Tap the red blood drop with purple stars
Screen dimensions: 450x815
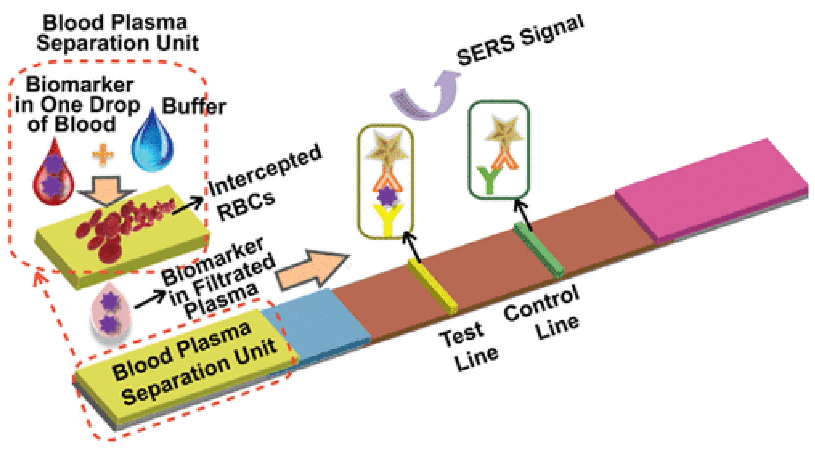pos(53,177)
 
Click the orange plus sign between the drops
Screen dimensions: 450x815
pos(102,154)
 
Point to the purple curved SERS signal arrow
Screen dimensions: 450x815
pos(427,98)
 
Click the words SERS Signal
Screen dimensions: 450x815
pos(519,41)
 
